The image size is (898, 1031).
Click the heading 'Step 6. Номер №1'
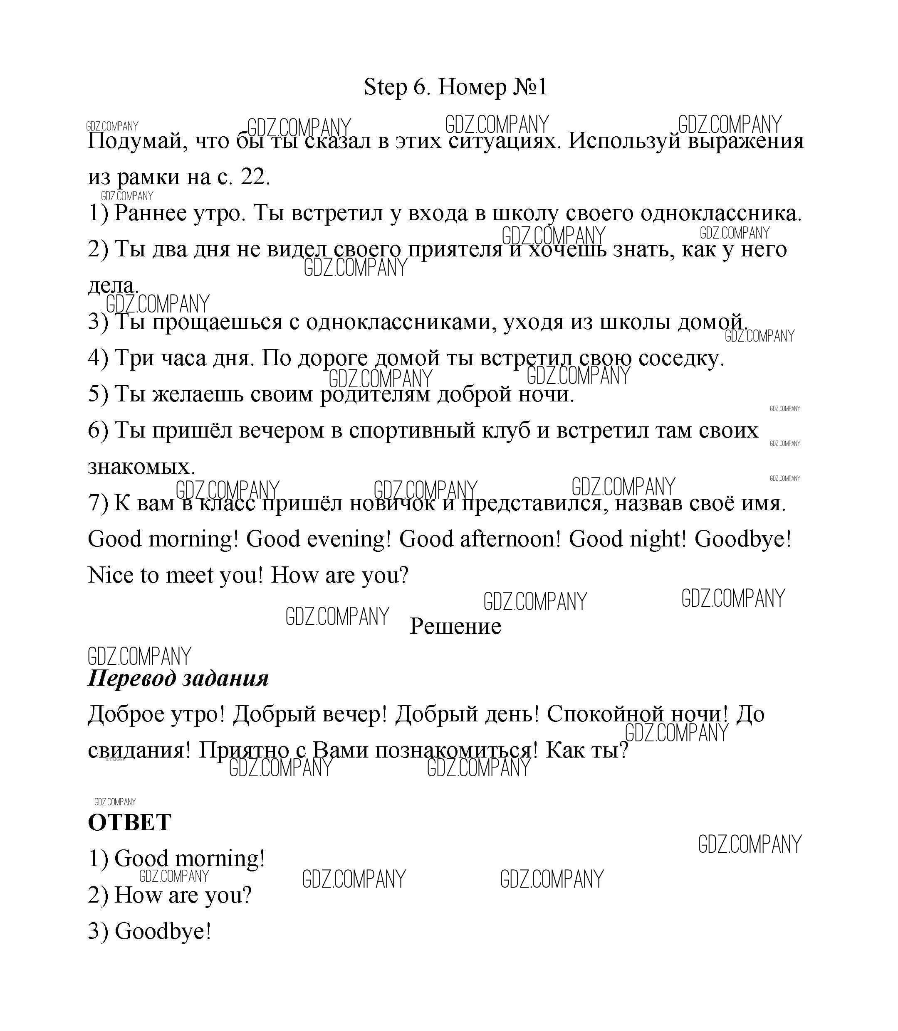[x=455, y=87]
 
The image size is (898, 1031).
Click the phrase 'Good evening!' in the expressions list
[x=318, y=539]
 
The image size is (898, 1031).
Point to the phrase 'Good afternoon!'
[x=480, y=539]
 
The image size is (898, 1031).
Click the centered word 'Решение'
[x=455, y=626]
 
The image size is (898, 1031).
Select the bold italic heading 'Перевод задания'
[x=178, y=679]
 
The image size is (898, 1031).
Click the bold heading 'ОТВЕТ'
[x=129, y=823]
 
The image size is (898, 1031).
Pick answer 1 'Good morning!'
[x=189, y=859]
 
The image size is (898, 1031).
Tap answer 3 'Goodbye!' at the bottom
[x=162, y=931]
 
